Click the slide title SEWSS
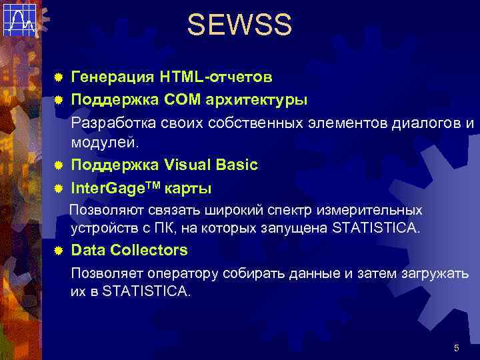pos(239,25)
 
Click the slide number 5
pos(456,347)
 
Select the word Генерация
pos(112,77)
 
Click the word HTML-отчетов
pos(215,77)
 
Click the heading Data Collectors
pos(129,251)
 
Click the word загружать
pos(434,274)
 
